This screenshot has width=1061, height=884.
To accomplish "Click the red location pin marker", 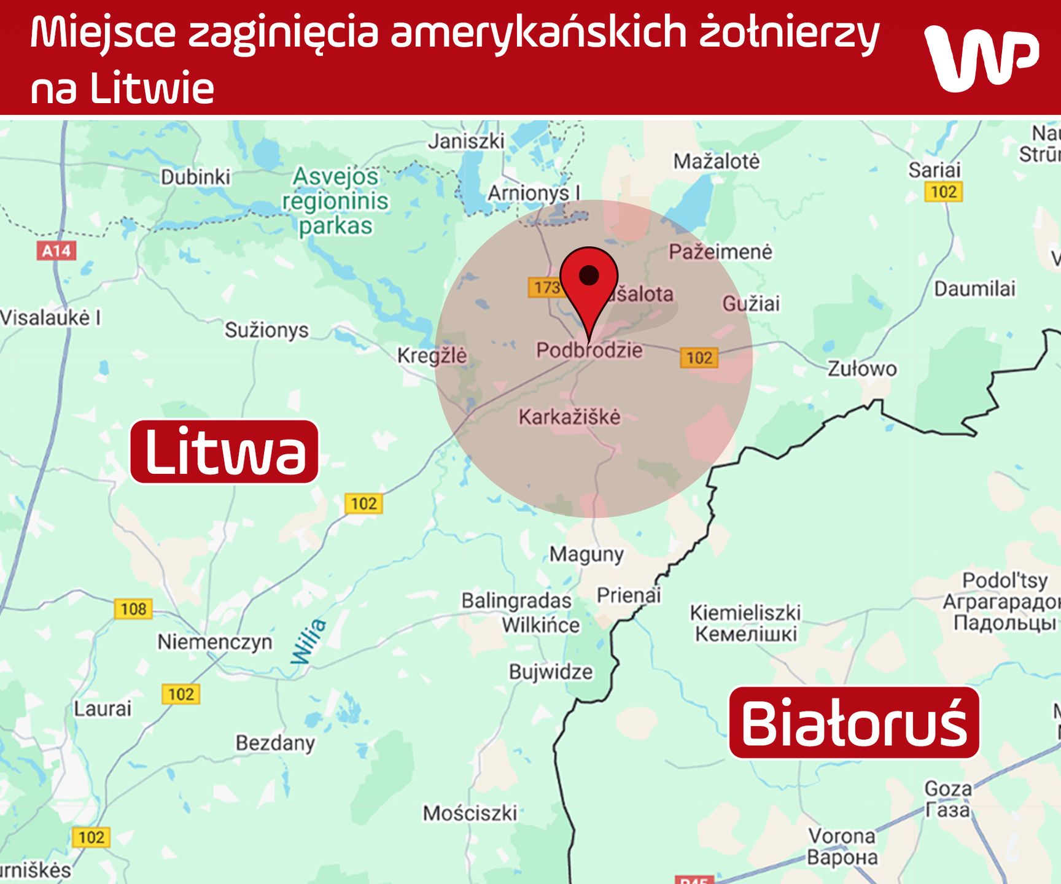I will pos(589,285).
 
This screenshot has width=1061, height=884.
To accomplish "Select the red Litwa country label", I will pos(225,452).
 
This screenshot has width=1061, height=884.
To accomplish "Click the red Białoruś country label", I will pos(853,723).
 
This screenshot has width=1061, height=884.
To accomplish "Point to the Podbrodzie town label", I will pos(589,351).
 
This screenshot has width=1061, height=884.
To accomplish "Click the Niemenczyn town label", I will pos(215,642).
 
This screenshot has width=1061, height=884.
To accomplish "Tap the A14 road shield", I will pos(56,250).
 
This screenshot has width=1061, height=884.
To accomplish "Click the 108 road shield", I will pos(133,609).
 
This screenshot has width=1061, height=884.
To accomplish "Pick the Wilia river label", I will pos(309,642).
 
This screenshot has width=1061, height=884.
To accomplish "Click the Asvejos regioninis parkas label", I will pos(335,201).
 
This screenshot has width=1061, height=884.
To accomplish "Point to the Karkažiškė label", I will pos(569,417).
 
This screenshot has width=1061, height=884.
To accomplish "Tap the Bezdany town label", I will pos(275,743).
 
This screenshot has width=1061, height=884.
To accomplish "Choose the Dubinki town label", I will pos(195,177).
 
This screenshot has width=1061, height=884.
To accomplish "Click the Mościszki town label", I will pos(470,813).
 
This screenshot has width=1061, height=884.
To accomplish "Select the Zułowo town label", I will pos(862,369).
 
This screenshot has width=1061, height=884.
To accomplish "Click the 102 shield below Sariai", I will pos(944,192).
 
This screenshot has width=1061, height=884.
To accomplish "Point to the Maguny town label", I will pos(586,554).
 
